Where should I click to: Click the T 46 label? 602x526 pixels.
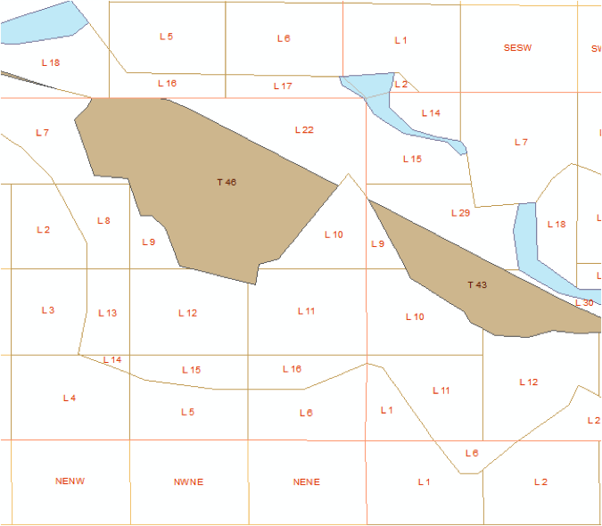click(227, 182)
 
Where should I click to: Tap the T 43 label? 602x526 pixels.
click(477, 285)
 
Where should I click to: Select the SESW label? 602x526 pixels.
click(517, 48)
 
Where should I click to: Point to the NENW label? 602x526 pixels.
click(70, 481)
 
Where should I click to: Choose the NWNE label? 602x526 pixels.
click(188, 482)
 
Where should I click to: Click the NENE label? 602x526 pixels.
click(306, 482)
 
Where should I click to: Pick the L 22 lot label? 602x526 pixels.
click(304, 130)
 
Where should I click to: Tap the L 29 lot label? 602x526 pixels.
click(460, 213)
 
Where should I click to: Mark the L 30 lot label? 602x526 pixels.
click(584, 303)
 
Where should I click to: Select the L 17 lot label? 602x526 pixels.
click(283, 86)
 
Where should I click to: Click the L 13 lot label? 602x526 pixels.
click(107, 313)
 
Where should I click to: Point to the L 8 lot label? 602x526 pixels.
click(103, 220)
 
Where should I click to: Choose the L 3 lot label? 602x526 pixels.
click(48, 310)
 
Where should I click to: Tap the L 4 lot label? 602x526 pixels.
click(70, 398)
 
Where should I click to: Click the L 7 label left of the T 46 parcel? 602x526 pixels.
click(42, 133)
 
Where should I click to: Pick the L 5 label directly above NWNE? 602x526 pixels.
click(187, 412)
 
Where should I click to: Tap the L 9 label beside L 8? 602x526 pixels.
click(148, 242)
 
